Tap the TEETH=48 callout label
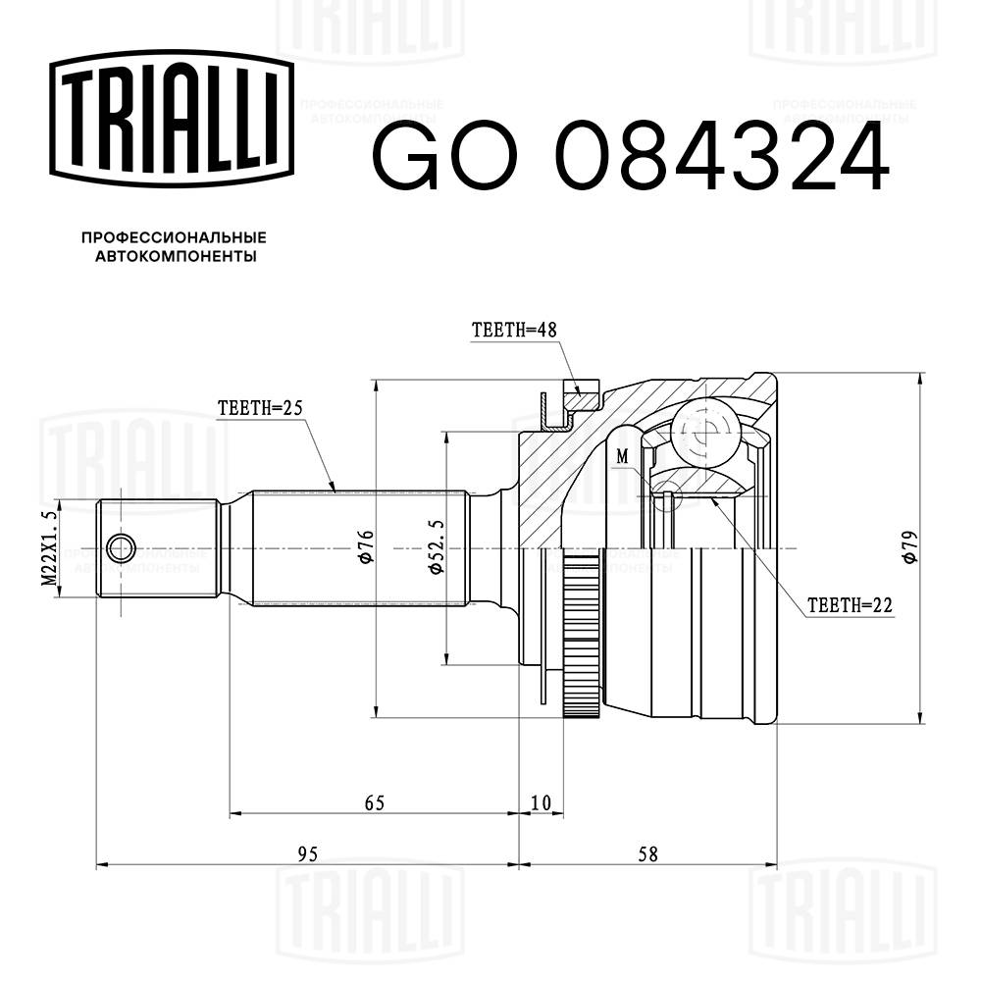(514, 332)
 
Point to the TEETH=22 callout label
(850, 605)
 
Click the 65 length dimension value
(374, 802)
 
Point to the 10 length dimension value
(541, 802)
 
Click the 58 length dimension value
(646, 853)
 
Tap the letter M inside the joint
(622, 456)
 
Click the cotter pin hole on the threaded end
(122, 547)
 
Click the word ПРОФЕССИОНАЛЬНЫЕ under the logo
(174, 237)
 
